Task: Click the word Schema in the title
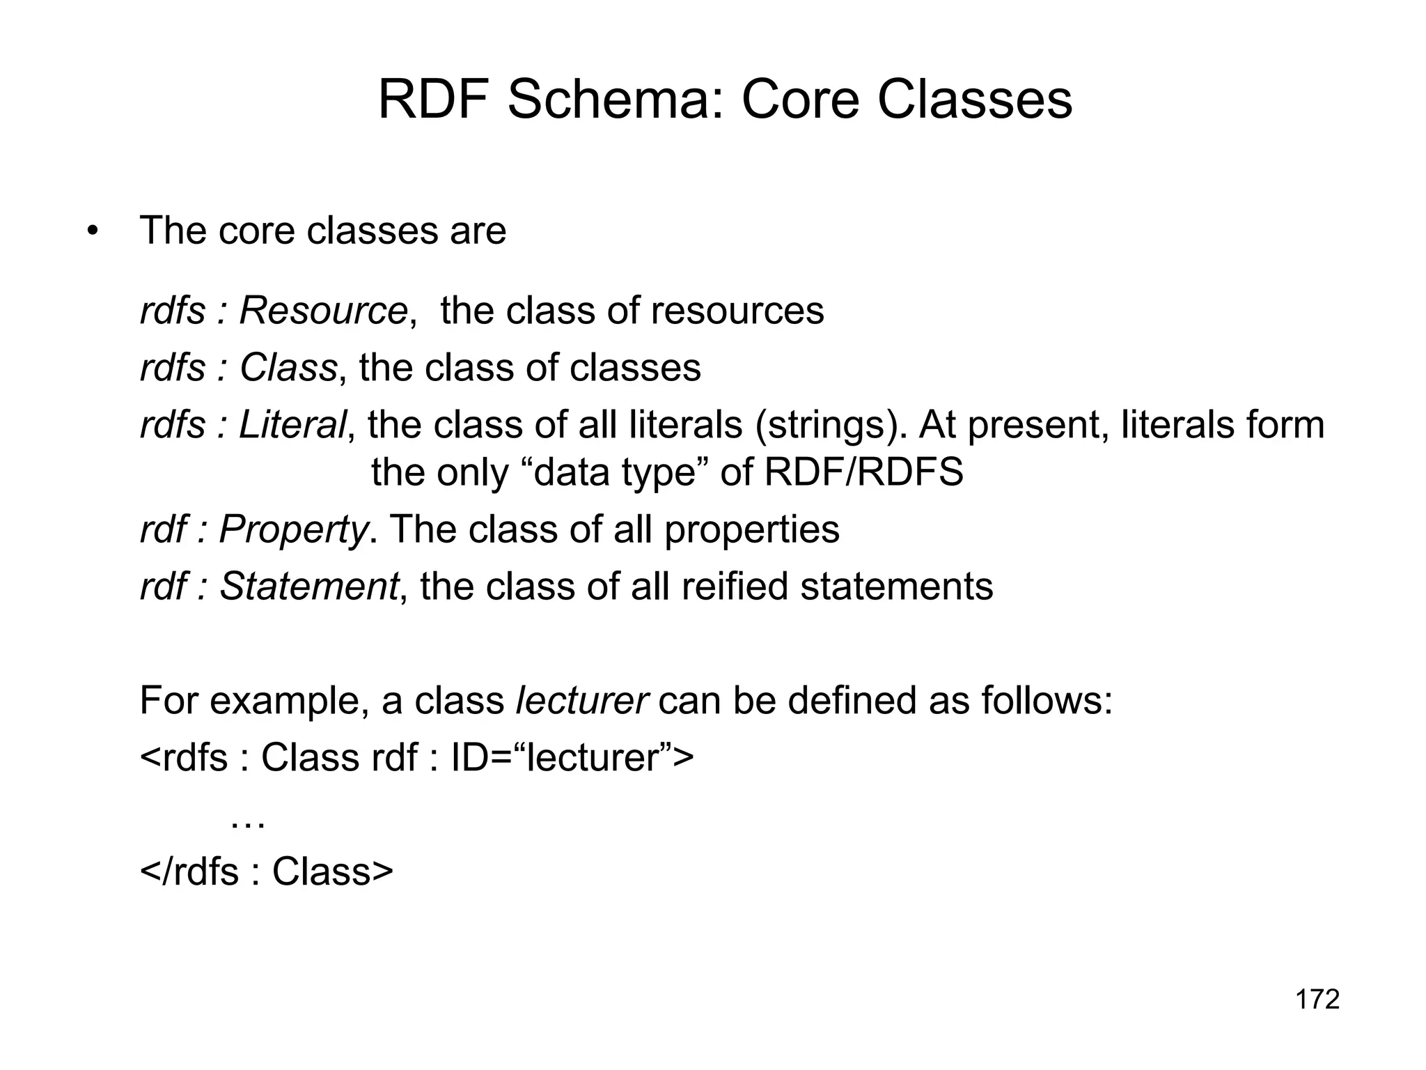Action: tap(616, 100)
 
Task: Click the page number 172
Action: tap(1317, 1000)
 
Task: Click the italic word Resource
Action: tap(323, 311)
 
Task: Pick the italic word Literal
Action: tap(292, 425)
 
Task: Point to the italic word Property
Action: tap(293, 530)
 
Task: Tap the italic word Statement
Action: tap(309, 587)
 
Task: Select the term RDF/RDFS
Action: tap(863, 472)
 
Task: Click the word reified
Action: tap(735, 587)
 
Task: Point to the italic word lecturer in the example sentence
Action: tap(582, 701)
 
